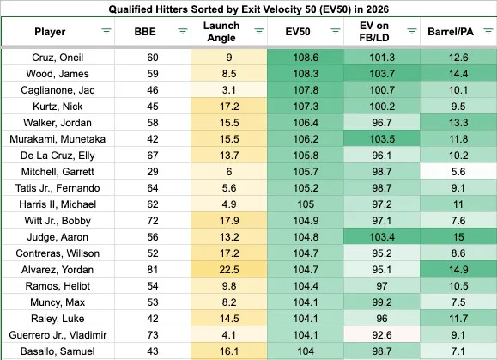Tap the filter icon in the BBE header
(x=183, y=32)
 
